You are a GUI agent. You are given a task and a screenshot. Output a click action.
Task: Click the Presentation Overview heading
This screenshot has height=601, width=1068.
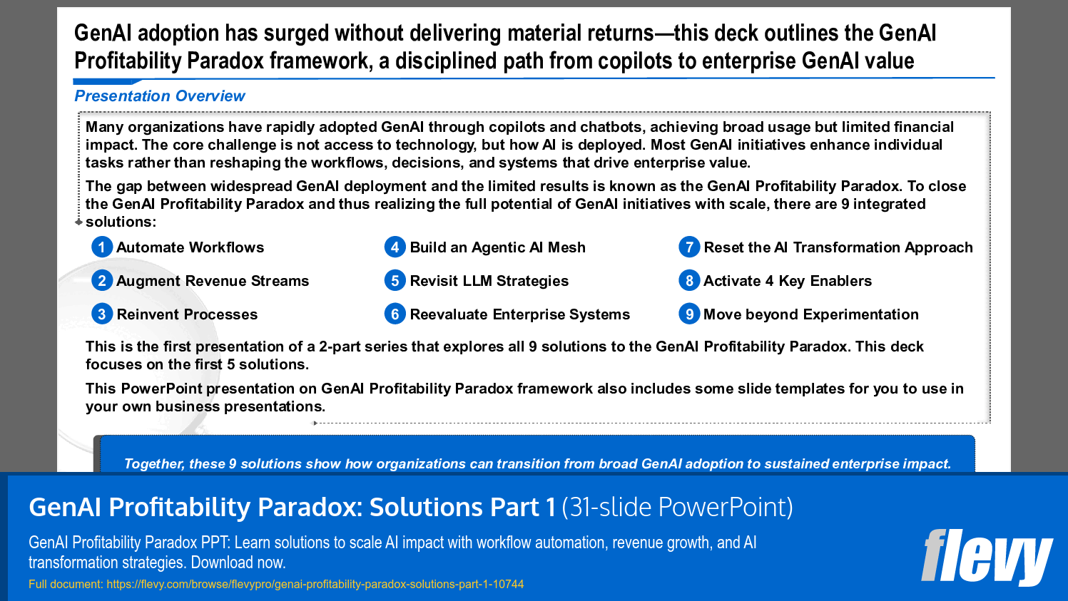(x=159, y=96)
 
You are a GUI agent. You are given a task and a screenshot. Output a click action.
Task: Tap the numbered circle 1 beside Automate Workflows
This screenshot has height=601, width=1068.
(x=102, y=247)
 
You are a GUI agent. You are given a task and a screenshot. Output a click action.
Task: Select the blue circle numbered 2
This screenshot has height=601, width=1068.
(x=102, y=281)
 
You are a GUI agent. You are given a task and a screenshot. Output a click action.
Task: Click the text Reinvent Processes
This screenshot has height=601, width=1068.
(x=187, y=314)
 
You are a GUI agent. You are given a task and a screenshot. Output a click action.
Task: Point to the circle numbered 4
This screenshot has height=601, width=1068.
(x=395, y=247)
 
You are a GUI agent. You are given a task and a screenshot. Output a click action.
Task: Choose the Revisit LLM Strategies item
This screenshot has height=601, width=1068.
(x=489, y=281)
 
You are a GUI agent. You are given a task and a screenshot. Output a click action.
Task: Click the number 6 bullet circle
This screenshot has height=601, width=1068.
(x=395, y=314)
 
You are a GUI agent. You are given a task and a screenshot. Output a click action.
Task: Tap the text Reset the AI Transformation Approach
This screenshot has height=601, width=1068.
(x=838, y=247)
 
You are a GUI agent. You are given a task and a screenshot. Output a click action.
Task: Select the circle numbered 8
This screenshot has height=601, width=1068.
(x=688, y=281)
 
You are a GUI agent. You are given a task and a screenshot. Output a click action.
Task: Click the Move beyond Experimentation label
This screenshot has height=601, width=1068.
(x=810, y=314)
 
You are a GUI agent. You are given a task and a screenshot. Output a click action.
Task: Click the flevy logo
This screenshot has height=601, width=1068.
(x=986, y=557)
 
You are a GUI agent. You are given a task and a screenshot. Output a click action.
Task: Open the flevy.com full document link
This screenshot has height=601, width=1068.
(x=315, y=584)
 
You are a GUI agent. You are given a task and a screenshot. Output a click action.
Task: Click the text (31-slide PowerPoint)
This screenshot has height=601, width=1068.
(x=677, y=507)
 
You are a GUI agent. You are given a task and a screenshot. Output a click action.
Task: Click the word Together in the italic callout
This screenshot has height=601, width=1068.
(x=153, y=464)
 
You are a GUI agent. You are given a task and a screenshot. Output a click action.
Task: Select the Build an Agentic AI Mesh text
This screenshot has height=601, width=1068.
(x=497, y=247)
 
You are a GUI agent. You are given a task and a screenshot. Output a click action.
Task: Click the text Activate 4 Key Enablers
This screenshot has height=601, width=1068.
(x=787, y=281)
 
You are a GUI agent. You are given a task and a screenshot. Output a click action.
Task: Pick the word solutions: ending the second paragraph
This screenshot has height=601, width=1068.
(x=121, y=222)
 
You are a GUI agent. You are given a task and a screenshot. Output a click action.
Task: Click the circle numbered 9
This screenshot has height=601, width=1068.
(x=688, y=314)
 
